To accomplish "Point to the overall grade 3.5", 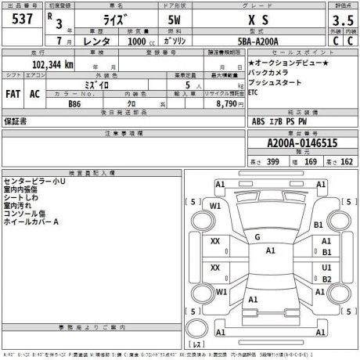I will tap(339, 21).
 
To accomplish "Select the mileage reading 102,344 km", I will tap(53, 65).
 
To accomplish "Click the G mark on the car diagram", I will tap(257, 236).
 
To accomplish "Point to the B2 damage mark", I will tap(327, 279).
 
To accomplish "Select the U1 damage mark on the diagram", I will tap(327, 267).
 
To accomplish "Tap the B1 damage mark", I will tap(318, 225).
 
